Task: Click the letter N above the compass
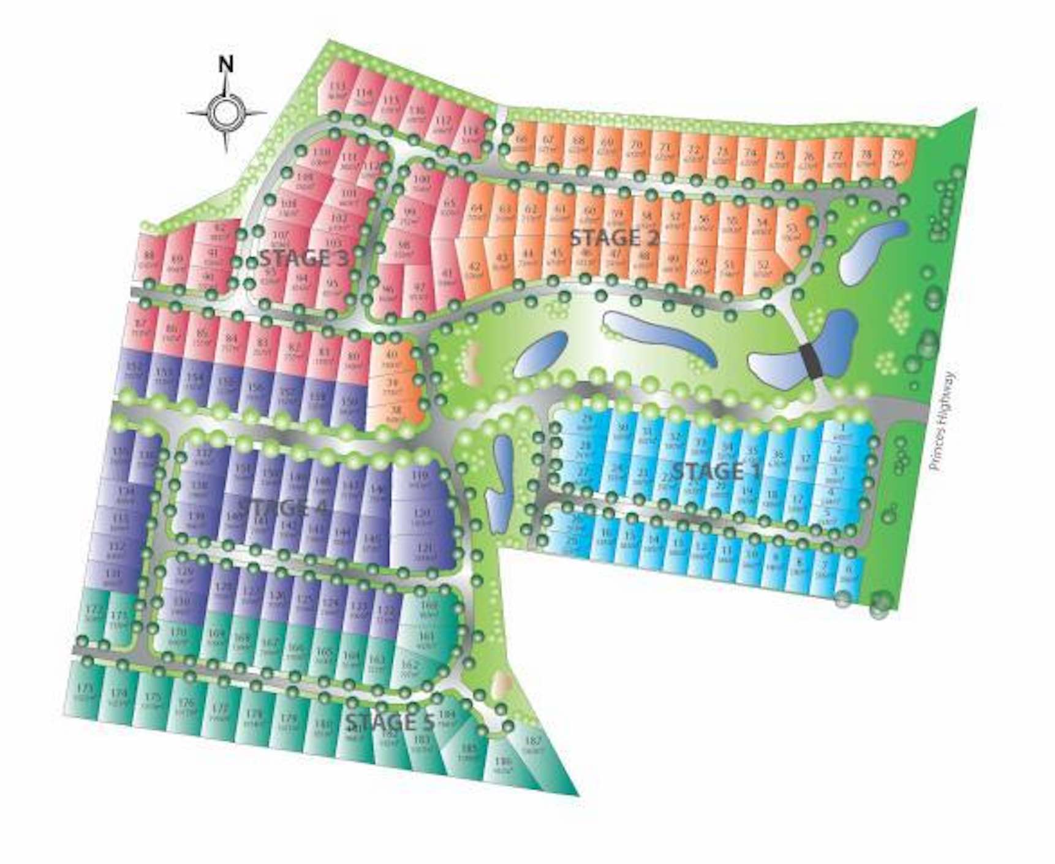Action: pos(226,64)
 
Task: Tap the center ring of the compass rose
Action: pos(225,113)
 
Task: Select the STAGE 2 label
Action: pos(614,238)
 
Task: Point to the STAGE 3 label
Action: pos(304,258)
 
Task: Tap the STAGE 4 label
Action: pos(282,507)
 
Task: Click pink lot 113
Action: pos(338,91)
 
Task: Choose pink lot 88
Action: pos(148,260)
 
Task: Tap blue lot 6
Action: pos(849,574)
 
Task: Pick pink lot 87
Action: pos(142,328)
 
